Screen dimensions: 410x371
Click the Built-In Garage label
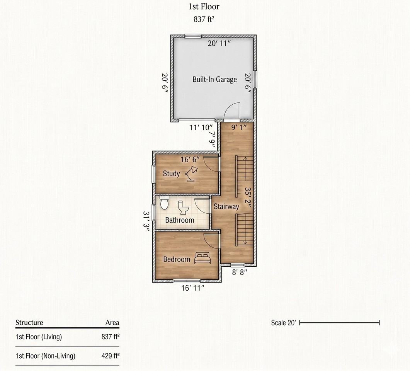coord(215,80)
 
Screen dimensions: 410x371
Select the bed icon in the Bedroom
coord(202,258)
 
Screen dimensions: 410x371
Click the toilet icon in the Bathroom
coord(184,208)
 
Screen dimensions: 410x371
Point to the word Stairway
coord(226,206)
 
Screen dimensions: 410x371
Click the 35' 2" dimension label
coord(248,197)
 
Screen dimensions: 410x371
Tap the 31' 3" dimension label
coord(146,221)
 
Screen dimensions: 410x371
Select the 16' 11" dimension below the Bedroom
coord(193,288)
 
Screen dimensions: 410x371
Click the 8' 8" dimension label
coord(240,272)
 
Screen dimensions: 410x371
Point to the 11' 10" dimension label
coord(201,128)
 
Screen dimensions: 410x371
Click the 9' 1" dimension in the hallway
coord(239,127)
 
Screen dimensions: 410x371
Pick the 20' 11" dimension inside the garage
coord(219,43)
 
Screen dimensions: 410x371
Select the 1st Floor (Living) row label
coord(39,337)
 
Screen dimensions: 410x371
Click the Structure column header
coord(29,323)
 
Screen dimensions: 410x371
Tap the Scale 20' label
coord(283,323)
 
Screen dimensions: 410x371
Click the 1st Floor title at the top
coord(204,7)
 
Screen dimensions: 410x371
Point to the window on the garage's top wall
coord(193,36)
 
